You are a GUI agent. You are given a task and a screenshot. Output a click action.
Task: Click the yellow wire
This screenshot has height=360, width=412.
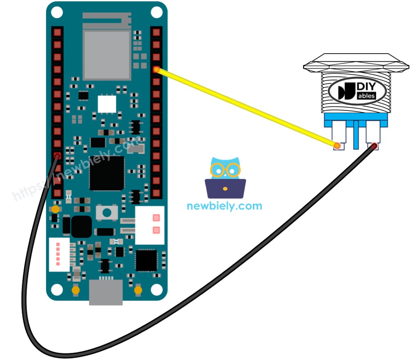click(245, 107)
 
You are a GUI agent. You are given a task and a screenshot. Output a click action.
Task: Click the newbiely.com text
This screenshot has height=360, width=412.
click(224, 206)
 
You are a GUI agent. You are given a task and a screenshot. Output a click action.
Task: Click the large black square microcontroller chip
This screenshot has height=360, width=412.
click(107, 173)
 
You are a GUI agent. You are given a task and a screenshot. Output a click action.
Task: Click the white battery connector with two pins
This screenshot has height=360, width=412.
click(150, 224)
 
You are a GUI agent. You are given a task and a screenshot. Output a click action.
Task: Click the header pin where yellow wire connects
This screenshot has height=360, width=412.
click(156, 70)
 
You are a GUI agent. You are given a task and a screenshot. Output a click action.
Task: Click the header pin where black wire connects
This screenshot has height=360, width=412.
click(57, 156)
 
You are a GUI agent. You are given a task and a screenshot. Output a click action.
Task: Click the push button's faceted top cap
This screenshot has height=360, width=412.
click(356, 62)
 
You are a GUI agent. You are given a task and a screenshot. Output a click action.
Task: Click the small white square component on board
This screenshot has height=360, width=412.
click(107, 104)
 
